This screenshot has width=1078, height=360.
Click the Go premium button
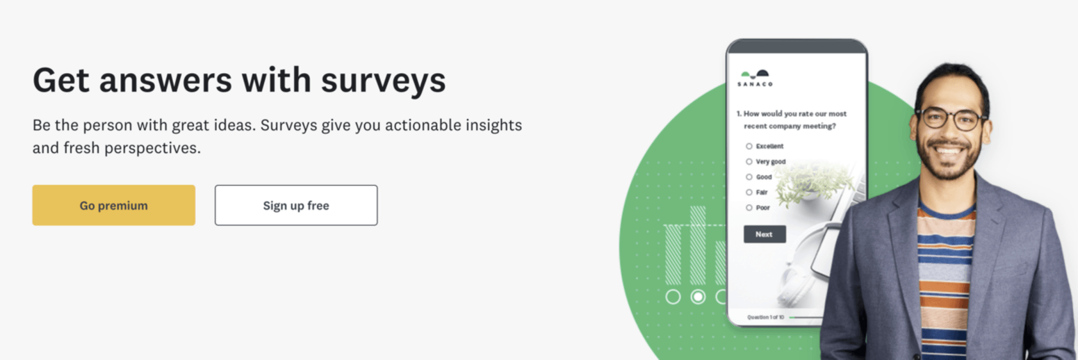coord(113,205)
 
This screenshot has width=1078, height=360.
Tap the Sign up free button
coord(296,205)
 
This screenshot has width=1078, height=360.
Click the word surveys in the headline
coord(383,81)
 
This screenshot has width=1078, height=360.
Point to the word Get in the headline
coord(61,81)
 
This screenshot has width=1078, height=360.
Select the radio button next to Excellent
coord(749,146)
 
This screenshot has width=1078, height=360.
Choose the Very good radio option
coord(749,161)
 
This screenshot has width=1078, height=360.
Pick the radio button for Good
coord(749,177)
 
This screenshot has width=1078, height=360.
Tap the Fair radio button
coord(749,193)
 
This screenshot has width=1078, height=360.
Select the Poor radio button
coord(749,208)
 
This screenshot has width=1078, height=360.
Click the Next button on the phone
coord(764,234)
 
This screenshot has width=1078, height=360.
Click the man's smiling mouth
coord(948,150)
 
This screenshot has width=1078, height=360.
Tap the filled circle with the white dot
coord(697,296)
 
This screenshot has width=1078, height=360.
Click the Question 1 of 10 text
coord(765,317)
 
